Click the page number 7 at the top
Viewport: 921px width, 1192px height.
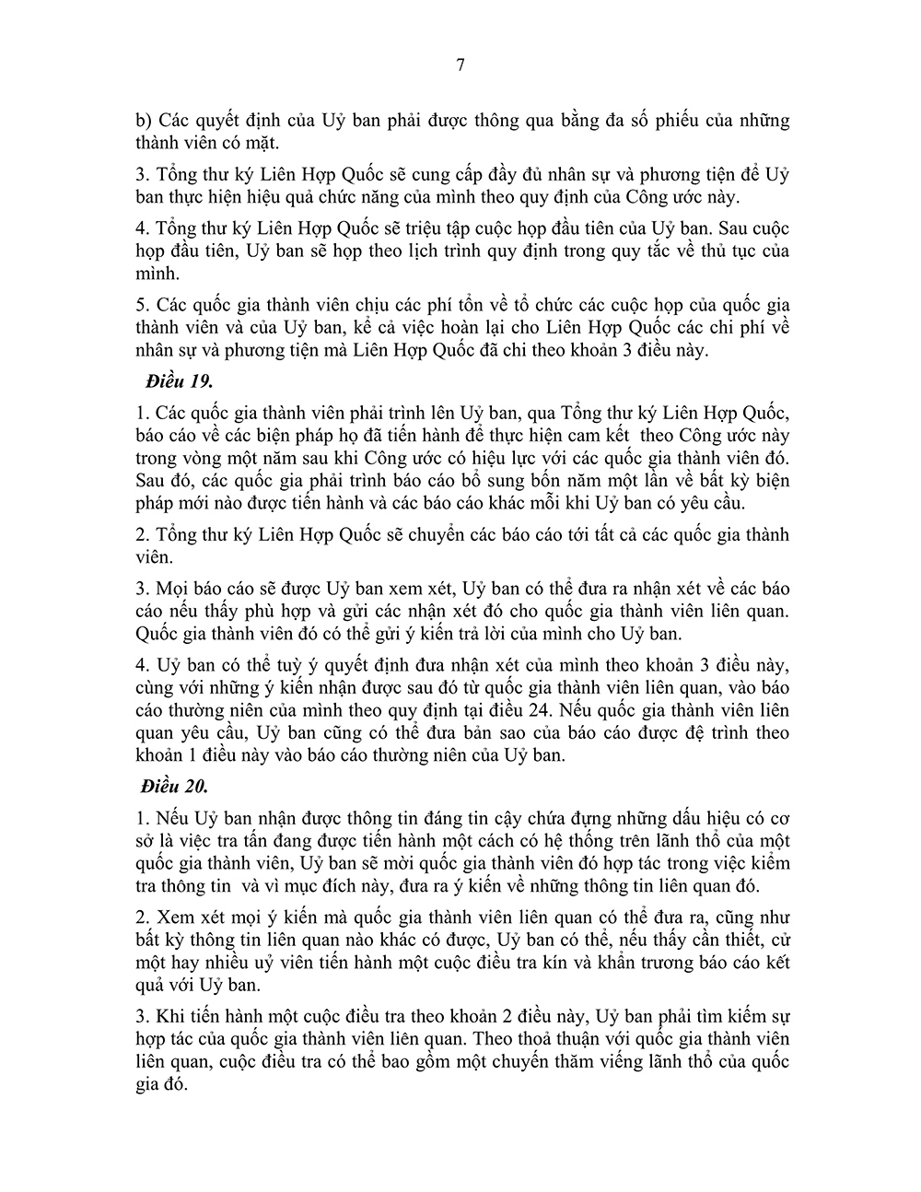tap(460, 65)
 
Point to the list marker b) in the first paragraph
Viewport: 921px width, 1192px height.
tap(143, 121)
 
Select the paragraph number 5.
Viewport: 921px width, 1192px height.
tap(140, 305)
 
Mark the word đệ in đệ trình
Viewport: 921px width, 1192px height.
tap(687, 733)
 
